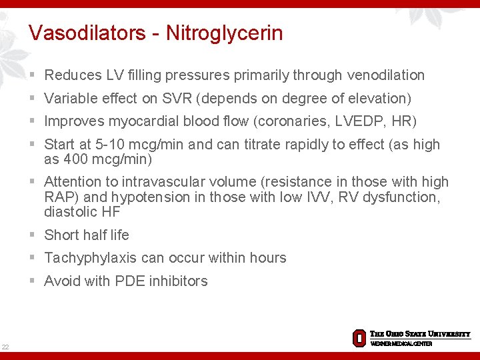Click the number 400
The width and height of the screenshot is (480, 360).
(75, 159)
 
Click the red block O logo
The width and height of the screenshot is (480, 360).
(359, 337)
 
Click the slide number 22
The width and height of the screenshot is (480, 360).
(5, 346)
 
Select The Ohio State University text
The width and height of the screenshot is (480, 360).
(420, 334)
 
